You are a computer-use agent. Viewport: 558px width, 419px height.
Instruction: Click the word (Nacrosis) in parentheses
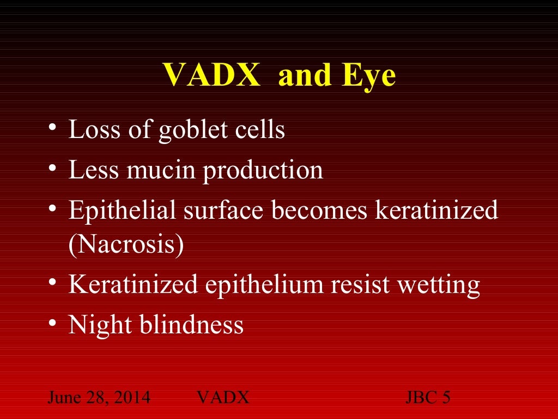coord(126,246)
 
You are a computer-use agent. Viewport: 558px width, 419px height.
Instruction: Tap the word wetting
coord(442,285)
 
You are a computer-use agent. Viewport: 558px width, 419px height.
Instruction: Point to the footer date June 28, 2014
coord(99,397)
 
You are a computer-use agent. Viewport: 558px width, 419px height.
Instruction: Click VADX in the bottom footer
coord(222,397)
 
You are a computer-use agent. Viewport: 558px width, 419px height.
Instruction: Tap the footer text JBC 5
coord(428,397)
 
